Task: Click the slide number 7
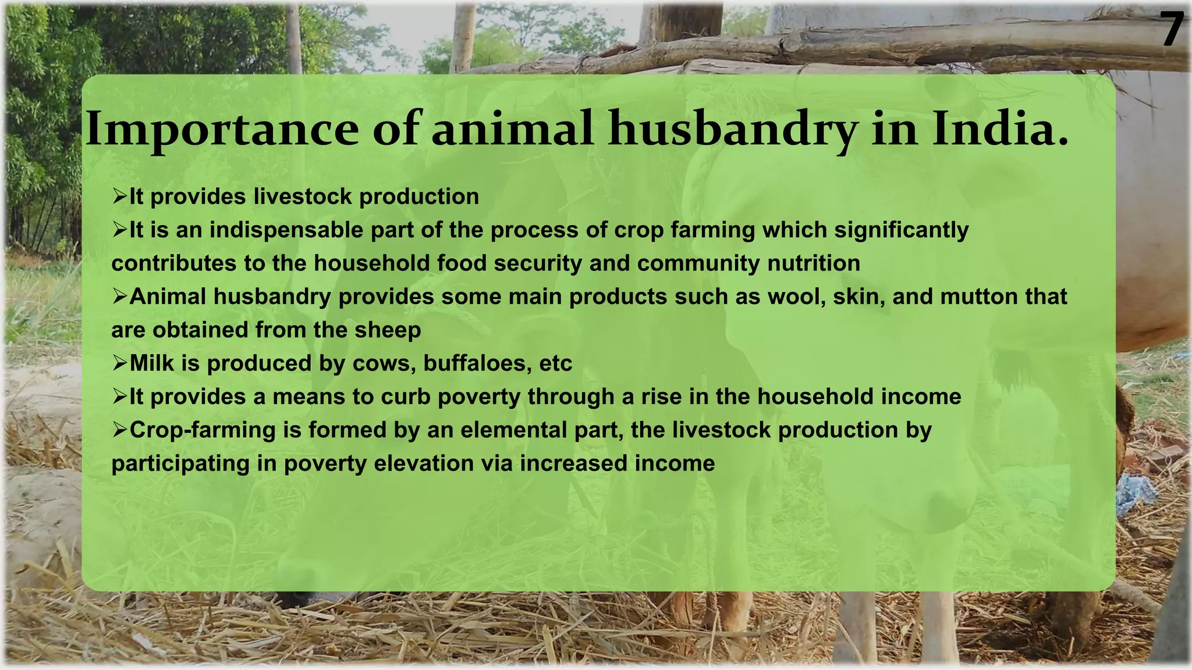[x=1172, y=30]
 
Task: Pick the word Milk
[x=151, y=363]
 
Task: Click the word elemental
[x=513, y=430]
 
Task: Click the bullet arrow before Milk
[x=119, y=363]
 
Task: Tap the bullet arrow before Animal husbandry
[x=119, y=297]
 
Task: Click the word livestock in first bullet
[x=303, y=197]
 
